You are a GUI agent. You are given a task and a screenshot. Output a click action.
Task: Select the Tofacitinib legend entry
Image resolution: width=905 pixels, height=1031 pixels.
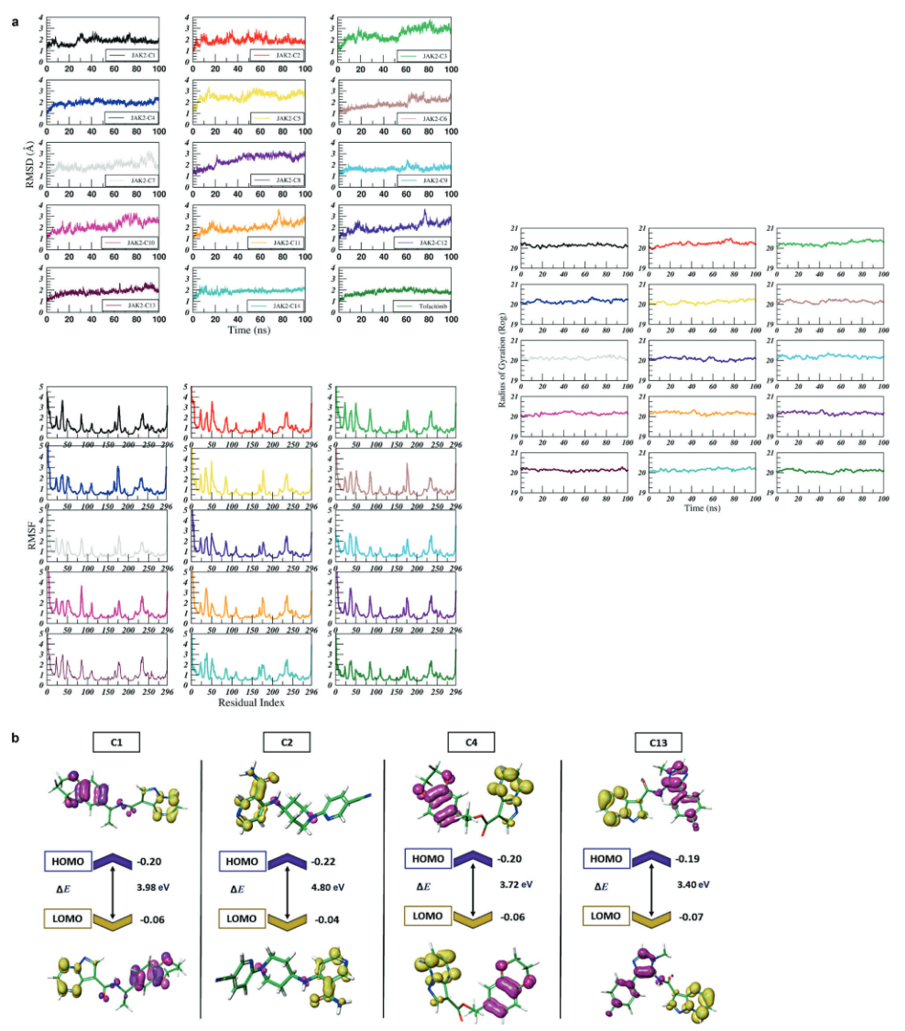[x=423, y=304]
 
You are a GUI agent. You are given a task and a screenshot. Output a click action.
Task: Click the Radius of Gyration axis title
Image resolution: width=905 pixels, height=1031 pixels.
[x=499, y=359]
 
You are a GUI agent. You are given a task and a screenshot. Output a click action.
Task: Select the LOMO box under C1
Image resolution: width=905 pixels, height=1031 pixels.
[x=67, y=918]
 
